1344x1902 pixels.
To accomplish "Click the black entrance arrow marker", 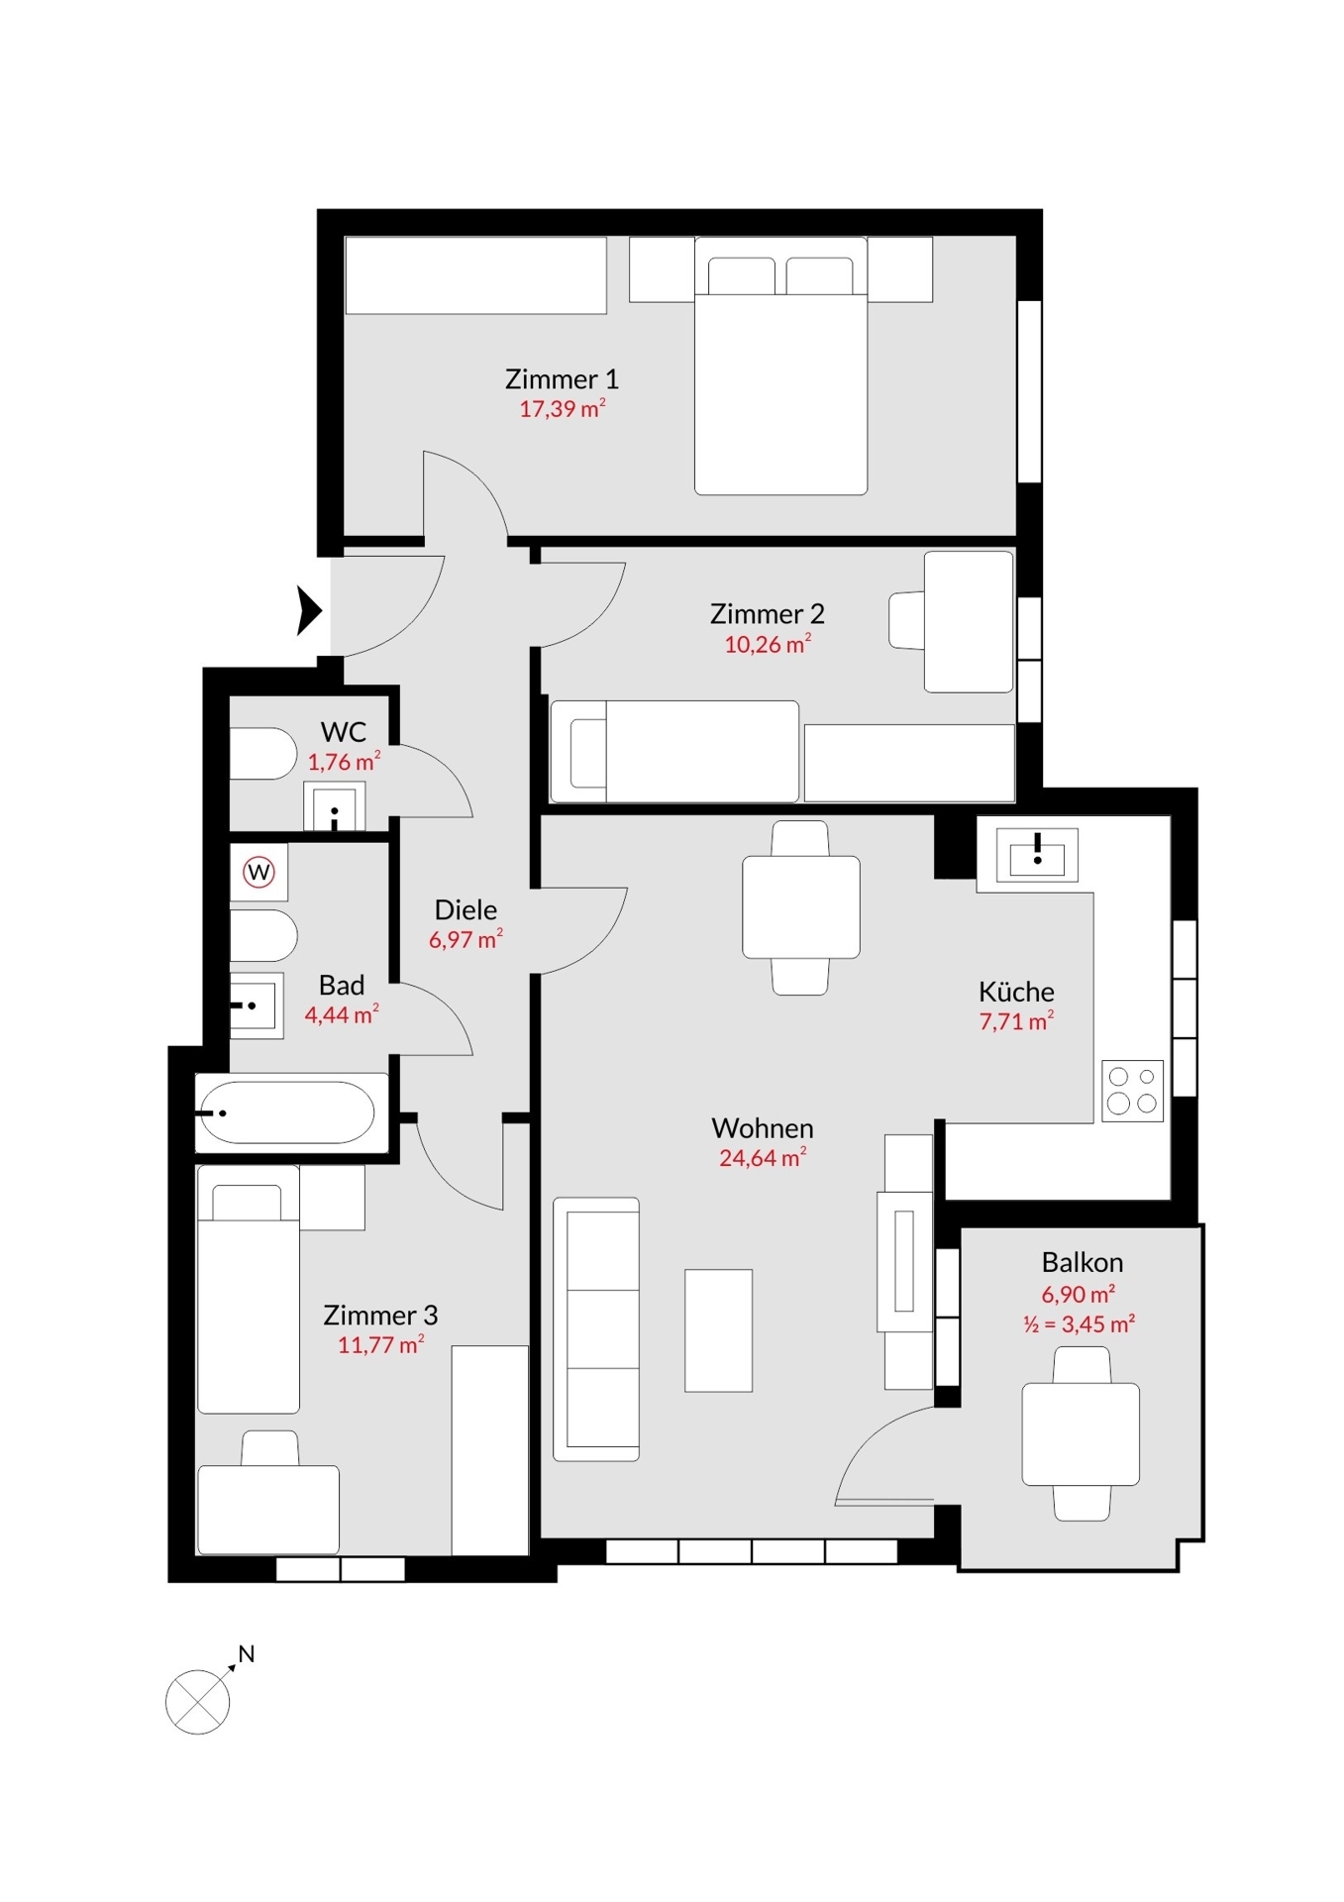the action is coord(310,609).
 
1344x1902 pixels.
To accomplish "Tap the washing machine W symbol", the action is coord(259,872).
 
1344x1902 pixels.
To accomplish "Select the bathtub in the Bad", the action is coord(286,1112).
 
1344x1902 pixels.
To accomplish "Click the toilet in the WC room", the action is coord(262,754).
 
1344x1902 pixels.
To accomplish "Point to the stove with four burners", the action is coord(1132,1091).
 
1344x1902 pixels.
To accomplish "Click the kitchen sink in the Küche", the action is coord(1037,854).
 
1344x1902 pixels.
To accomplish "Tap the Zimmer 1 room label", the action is coord(562,379).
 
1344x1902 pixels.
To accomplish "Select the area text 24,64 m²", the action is coord(762,1157).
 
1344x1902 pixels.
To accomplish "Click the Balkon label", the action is coord(1082,1262).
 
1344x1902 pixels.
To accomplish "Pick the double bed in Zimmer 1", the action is coord(780,366).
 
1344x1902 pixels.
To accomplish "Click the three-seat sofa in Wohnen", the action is coord(596,1329).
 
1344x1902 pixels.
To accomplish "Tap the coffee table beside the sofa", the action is coord(718,1330).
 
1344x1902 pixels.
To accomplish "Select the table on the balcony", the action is coord(1081,1434).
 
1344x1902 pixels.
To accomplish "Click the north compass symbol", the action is coord(198,1702).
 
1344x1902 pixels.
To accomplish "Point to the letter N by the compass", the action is coord(247,1653).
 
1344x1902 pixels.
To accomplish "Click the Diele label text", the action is coord(465,909).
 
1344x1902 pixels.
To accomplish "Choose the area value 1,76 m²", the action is coord(344,762).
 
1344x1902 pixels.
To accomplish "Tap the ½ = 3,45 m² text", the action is coord(1080,1323).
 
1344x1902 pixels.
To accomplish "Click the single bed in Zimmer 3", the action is coord(249,1289).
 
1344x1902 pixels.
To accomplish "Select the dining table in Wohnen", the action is coord(801,907).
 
